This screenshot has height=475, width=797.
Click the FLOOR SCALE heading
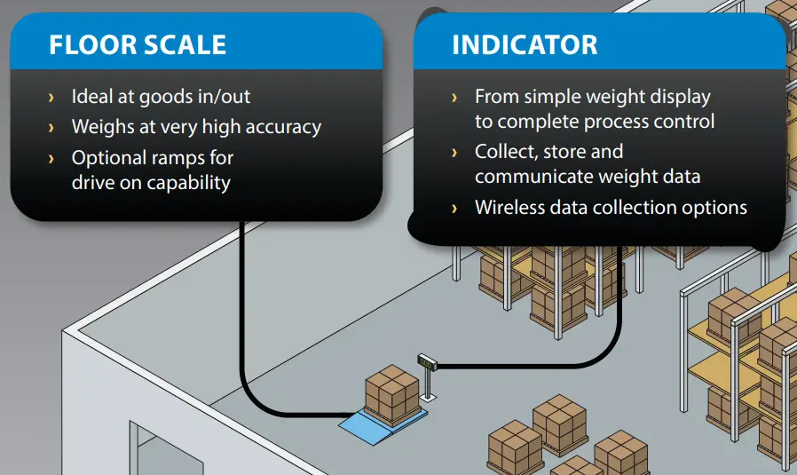(x=138, y=44)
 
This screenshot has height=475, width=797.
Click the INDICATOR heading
(x=525, y=44)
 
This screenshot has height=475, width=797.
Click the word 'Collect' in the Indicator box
(x=504, y=152)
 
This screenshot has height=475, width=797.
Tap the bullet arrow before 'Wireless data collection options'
(x=455, y=209)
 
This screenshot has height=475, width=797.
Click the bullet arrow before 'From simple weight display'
(x=455, y=97)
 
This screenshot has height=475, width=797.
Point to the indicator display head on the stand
(x=429, y=360)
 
